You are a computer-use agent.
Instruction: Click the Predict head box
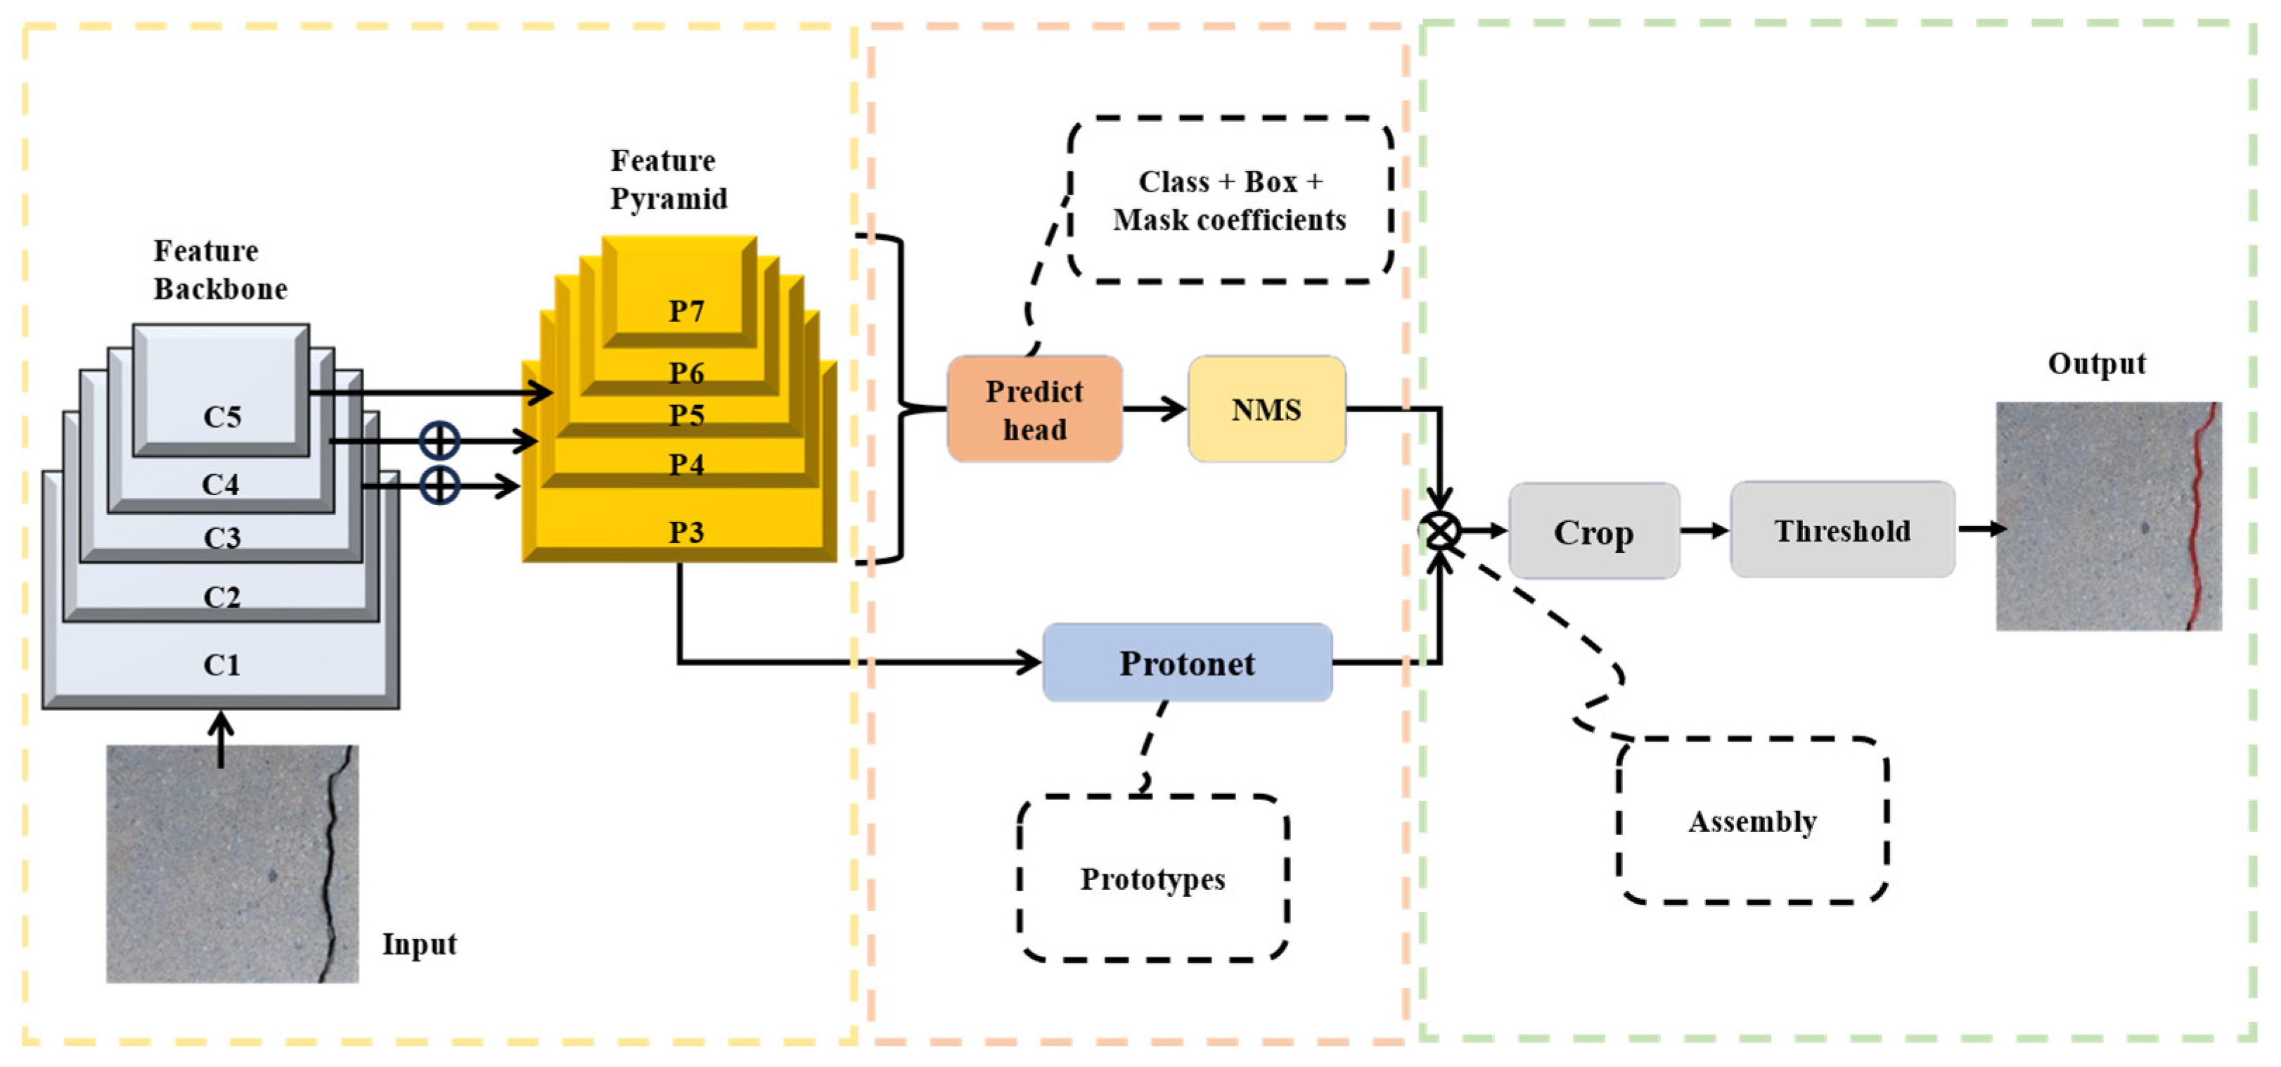1034,409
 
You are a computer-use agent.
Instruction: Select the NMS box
1266,409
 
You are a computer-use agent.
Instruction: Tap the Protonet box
1186,663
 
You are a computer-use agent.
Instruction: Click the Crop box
1593,531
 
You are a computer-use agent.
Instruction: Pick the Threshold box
1842,530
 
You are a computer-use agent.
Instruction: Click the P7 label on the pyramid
686,312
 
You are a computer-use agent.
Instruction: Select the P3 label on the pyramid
686,532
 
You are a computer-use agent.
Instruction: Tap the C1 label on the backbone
221,665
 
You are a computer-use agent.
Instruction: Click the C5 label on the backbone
221,416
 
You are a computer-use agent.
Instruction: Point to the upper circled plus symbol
439,440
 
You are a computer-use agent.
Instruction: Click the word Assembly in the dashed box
1752,822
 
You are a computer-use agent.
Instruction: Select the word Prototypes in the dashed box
1152,879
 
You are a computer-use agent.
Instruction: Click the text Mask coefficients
1229,219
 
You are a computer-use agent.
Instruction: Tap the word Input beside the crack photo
419,944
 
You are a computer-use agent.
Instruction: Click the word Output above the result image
2096,364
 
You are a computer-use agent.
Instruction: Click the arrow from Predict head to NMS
1154,409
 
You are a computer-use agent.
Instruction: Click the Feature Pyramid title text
668,179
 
